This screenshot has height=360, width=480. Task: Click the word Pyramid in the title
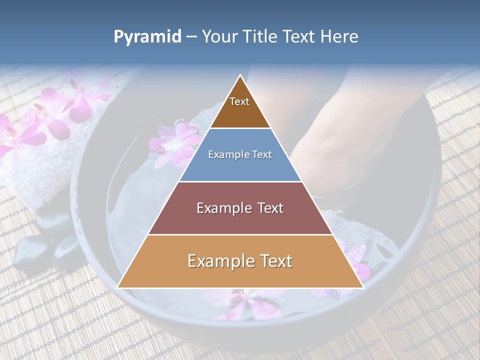pos(147,37)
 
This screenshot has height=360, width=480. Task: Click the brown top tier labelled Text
pos(240,107)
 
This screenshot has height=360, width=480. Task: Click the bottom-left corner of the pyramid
pos(118,287)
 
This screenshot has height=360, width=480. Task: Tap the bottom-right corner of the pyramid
pos(362,287)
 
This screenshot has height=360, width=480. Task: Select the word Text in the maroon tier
pos(270,208)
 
